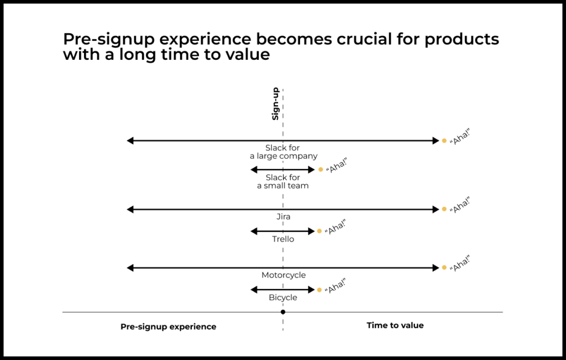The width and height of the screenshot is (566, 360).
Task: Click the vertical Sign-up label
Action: [275, 103]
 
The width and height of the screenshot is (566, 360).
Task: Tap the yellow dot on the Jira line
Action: [444, 209]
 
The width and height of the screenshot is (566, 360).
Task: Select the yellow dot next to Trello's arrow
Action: [319, 231]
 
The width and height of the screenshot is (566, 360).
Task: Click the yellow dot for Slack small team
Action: [321, 169]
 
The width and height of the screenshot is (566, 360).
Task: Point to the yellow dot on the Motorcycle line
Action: [444, 268]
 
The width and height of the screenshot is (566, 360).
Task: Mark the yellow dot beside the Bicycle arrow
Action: [319, 290]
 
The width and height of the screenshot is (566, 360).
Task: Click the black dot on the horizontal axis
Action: [283, 312]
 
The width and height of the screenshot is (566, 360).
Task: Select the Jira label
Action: [284, 217]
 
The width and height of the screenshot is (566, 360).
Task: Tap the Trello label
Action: [283, 239]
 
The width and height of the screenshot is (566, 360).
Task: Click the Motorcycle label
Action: [284, 275]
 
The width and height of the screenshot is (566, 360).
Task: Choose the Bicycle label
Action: [283, 298]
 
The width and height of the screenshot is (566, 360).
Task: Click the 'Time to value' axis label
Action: [395, 325]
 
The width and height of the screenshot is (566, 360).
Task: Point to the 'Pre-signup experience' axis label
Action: [168, 327]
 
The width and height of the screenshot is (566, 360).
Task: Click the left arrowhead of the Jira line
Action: [130, 210]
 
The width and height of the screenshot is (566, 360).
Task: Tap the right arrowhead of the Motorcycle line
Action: [436, 268]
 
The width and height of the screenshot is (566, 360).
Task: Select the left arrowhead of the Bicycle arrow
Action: [254, 290]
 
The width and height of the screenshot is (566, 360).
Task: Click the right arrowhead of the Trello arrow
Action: [312, 232]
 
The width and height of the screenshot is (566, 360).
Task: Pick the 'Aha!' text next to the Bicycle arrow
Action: [336, 286]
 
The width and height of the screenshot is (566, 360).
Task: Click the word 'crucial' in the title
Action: [364, 39]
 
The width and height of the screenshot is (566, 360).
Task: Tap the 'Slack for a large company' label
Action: [284, 152]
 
